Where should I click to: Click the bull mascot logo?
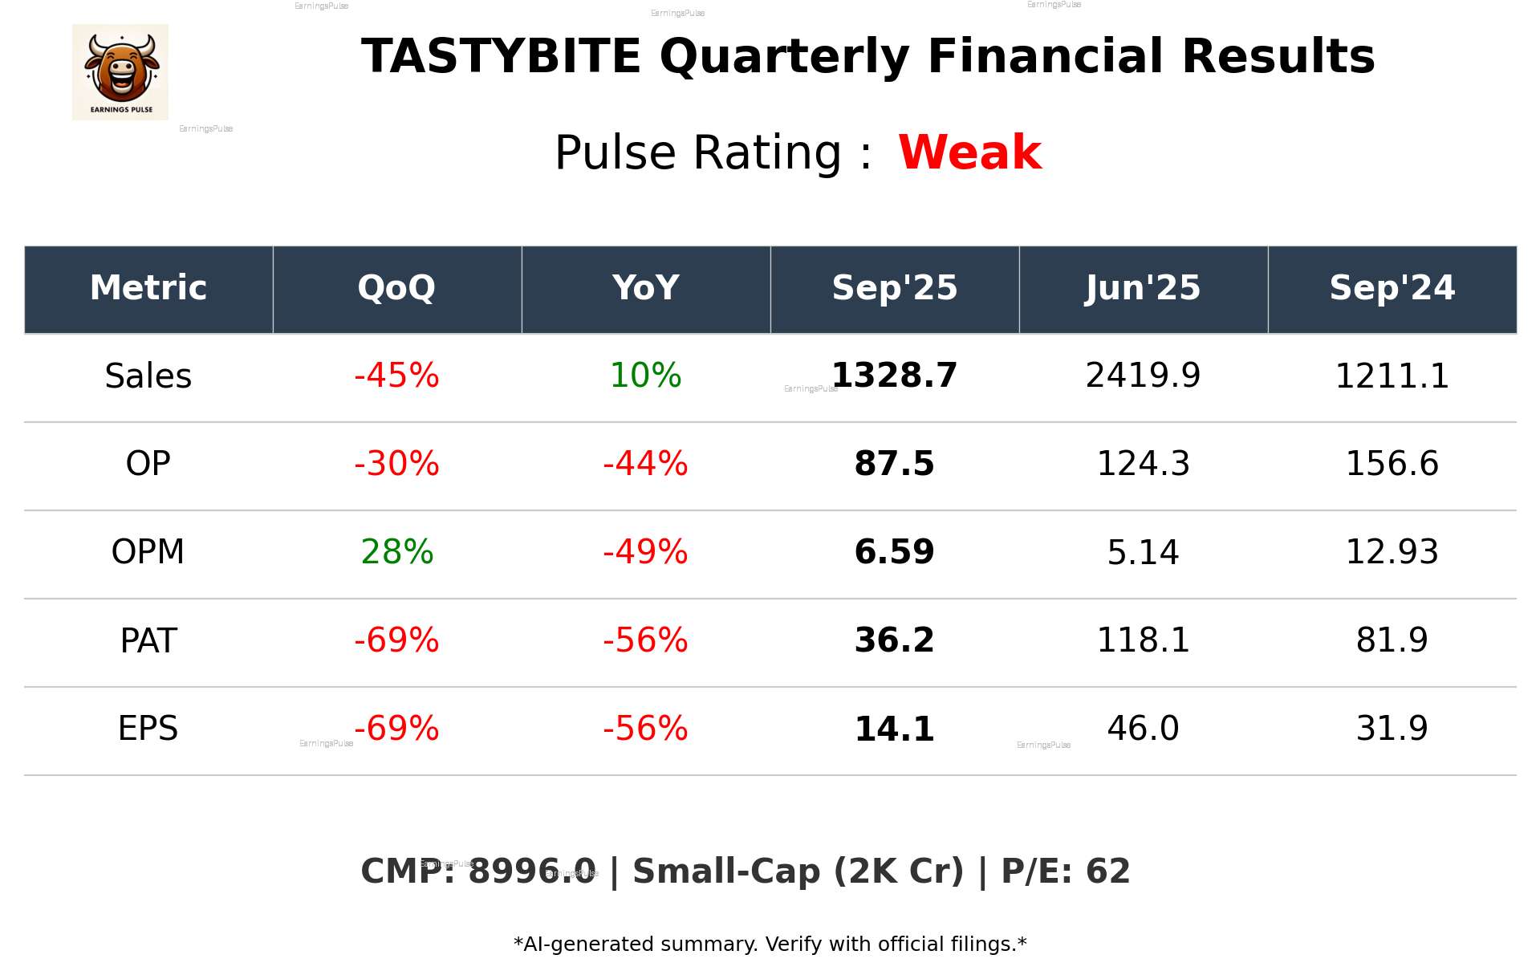(x=120, y=71)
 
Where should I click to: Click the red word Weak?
(x=969, y=152)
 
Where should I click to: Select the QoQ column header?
(x=396, y=288)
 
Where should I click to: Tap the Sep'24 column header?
(x=1392, y=288)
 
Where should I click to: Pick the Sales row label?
(x=148, y=376)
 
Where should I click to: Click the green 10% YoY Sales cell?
(x=645, y=376)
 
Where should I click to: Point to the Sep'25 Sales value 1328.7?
(x=894, y=376)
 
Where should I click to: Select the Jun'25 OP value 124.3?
(x=1143, y=464)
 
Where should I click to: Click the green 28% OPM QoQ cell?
(x=396, y=552)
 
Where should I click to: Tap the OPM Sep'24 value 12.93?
(x=1392, y=552)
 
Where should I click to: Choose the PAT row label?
(x=148, y=640)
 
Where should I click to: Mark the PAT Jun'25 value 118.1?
(x=1143, y=640)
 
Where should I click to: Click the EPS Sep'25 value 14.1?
(x=894, y=729)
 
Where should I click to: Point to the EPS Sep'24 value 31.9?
(x=1392, y=729)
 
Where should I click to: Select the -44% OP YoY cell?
(x=645, y=464)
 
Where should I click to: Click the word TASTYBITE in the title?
(x=501, y=57)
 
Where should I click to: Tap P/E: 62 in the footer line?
(x=1065, y=871)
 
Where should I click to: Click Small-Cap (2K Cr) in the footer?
(x=798, y=871)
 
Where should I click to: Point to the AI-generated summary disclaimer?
(x=770, y=944)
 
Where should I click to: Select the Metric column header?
(x=148, y=288)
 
